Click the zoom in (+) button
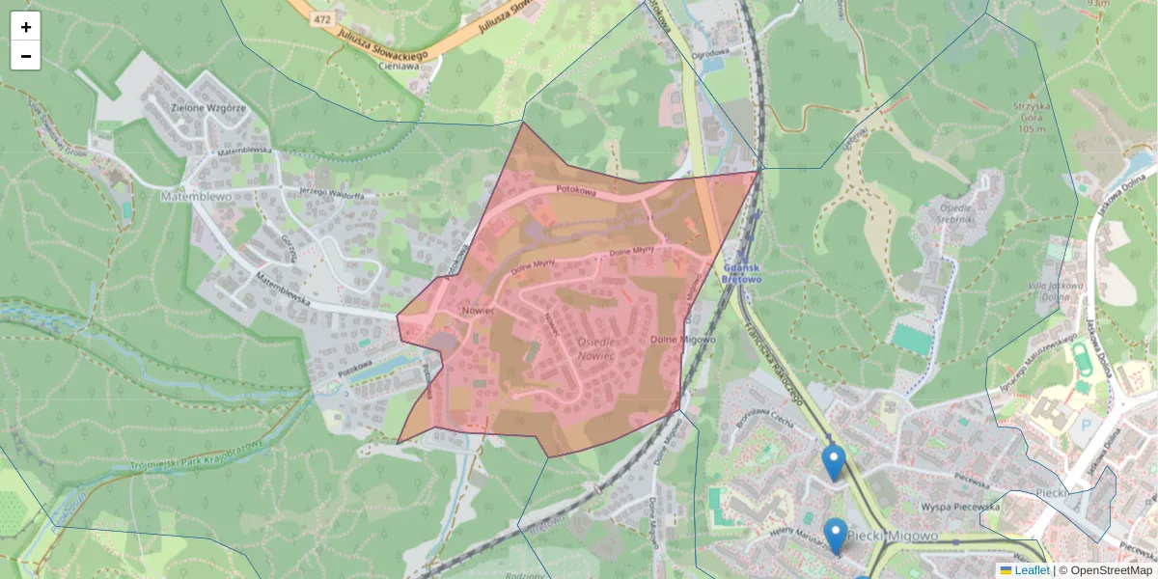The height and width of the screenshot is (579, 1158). pos(26,27)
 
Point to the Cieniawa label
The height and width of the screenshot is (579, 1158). pos(404,67)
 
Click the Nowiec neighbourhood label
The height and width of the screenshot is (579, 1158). pos(478,311)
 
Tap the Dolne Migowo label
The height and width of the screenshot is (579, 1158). pos(682,340)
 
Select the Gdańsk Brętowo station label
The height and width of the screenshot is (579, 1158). pos(741,272)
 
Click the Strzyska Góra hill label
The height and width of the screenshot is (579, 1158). pos(1031,117)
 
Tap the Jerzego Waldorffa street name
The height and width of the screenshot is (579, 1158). pos(331,193)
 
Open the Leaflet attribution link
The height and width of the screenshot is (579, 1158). pos(1032,570)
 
